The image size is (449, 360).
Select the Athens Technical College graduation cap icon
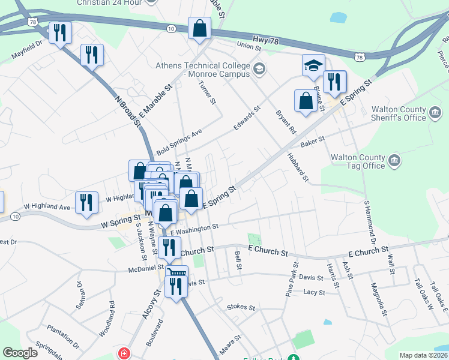[x=259, y=68]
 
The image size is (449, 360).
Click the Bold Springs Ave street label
[x=179, y=142]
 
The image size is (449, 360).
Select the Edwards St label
[x=247, y=118]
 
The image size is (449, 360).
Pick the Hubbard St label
[x=297, y=167]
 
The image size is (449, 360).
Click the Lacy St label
[x=314, y=292]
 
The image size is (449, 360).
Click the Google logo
[x=20, y=352]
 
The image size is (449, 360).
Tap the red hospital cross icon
[x=124, y=352]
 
